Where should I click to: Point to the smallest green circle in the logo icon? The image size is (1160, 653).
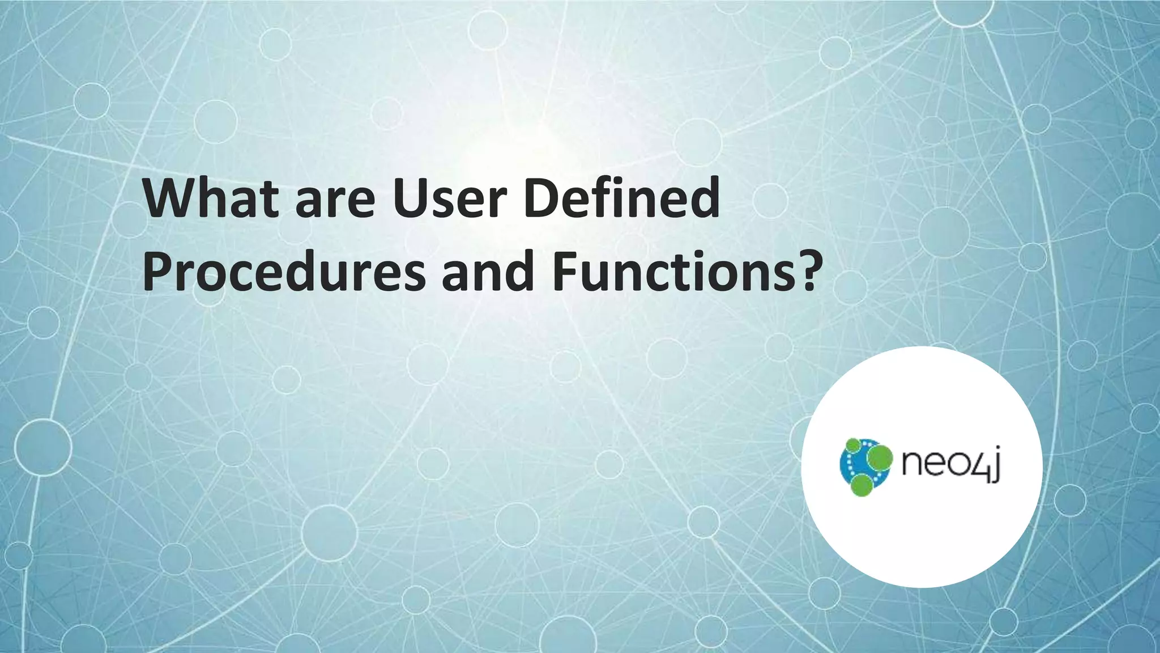click(852, 445)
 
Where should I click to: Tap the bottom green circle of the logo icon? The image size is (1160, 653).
click(862, 485)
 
